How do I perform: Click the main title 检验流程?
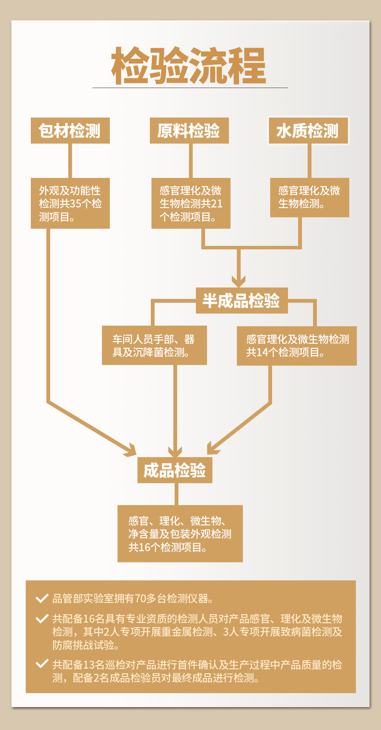pos(189,66)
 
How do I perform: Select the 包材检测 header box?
pos(70,131)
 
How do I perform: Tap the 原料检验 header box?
pos(189,131)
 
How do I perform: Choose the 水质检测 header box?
pos(308,131)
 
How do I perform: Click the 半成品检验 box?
pos(242,301)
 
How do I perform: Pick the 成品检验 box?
pos(175,470)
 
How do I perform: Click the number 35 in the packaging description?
pos(76,204)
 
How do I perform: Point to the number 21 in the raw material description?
pos(216,204)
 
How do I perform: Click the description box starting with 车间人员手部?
pos(154,345)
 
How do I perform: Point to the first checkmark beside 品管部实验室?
pos(42,598)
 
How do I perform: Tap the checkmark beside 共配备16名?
pos(42,618)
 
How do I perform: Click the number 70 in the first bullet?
pos(140,598)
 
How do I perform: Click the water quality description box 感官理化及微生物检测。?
pos(310,197)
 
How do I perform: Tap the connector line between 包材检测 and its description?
pos(70,161)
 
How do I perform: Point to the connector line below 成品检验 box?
pos(176,494)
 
